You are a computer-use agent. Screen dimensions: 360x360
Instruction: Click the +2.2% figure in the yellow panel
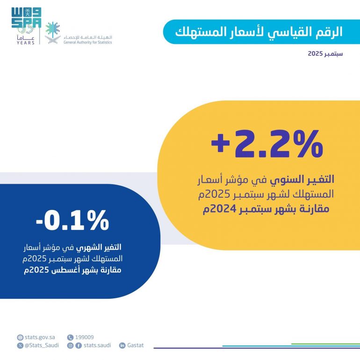pyautogui.click(x=267, y=144)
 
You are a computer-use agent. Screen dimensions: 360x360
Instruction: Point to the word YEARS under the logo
pyautogui.click(x=26, y=42)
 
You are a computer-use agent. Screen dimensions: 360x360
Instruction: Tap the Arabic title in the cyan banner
pyautogui.click(x=259, y=32)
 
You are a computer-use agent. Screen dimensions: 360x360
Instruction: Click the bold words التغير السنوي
pyautogui.click(x=310, y=179)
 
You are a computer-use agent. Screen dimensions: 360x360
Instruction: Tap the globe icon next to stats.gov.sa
pyautogui.click(x=20, y=337)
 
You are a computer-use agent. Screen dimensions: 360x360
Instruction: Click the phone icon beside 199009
pyautogui.click(x=71, y=337)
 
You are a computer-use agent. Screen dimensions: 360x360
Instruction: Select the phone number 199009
pyautogui.click(x=85, y=337)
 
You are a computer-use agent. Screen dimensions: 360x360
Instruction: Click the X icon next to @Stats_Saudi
pyautogui.click(x=20, y=346)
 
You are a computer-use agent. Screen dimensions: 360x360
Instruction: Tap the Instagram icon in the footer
pyautogui.click(x=71, y=346)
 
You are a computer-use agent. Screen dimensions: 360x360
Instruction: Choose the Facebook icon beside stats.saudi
pyautogui.click(x=78, y=346)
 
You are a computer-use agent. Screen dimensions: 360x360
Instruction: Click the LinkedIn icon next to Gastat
pyautogui.click(x=122, y=346)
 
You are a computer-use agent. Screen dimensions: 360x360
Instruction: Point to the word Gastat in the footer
pyautogui.click(x=136, y=346)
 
